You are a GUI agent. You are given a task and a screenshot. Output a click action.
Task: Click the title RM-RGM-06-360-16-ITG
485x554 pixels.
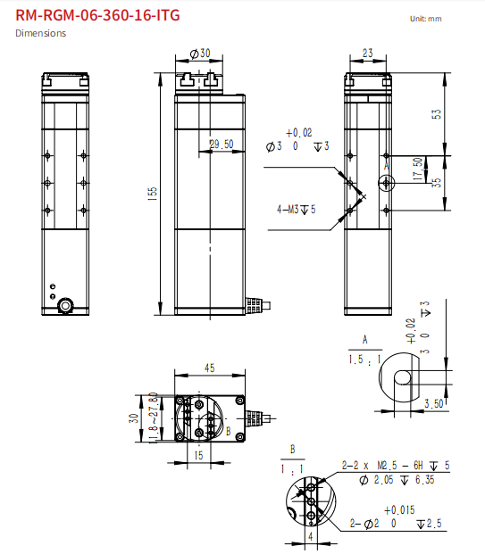click(x=91, y=14)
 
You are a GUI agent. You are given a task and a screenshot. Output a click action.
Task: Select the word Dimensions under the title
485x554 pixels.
click(x=40, y=33)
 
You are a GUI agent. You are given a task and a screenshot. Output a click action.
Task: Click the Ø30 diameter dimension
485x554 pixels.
click(x=200, y=54)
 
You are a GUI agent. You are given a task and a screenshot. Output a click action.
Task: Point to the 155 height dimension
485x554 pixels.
click(x=153, y=191)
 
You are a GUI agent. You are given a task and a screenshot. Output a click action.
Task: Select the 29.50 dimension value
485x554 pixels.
click(x=221, y=144)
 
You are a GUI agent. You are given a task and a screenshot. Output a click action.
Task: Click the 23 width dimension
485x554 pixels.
click(x=368, y=54)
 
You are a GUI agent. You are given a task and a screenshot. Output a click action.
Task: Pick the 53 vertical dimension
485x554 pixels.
click(x=437, y=115)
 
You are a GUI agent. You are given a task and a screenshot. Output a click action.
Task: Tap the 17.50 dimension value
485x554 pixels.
click(x=419, y=168)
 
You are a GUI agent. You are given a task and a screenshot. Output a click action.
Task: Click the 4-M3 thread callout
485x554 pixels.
click(x=296, y=210)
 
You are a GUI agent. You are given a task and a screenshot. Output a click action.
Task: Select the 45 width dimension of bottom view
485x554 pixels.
click(x=210, y=368)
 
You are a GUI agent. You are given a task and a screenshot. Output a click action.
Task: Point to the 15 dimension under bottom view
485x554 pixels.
click(x=197, y=455)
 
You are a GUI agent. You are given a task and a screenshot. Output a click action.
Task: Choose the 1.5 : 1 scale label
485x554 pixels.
click(x=365, y=359)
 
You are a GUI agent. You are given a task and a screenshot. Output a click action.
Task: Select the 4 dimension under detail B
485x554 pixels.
click(x=309, y=537)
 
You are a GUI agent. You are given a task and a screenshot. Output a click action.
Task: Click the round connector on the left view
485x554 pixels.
click(x=66, y=306)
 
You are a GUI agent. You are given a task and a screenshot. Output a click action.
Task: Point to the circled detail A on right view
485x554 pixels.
click(x=386, y=182)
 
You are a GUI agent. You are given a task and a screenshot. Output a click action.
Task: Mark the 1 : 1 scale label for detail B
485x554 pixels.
click(x=291, y=467)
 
